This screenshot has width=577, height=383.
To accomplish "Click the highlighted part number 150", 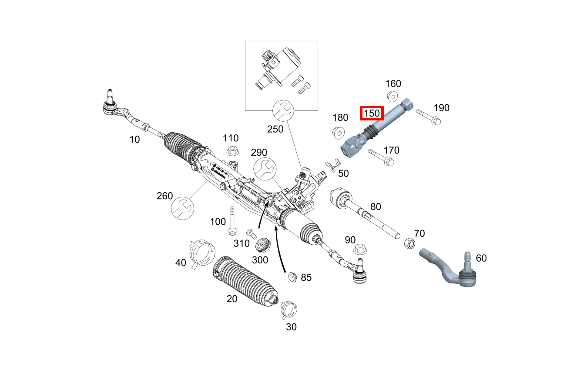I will tap(372, 114).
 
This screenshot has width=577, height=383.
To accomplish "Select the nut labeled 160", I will tap(391, 96).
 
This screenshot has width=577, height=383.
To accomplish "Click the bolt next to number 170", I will tap(381, 157).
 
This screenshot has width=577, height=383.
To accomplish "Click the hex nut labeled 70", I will tap(409, 243).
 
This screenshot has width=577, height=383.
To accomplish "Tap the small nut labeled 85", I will tap(292, 276).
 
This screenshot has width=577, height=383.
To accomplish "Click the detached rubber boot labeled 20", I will tap(245, 281).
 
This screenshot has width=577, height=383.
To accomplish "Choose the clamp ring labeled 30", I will tap(288, 309).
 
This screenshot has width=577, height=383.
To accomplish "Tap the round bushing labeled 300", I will tap(263, 244).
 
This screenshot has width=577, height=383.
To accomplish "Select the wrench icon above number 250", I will tap(282, 111).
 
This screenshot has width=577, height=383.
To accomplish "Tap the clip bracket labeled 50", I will tap(333, 165).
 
